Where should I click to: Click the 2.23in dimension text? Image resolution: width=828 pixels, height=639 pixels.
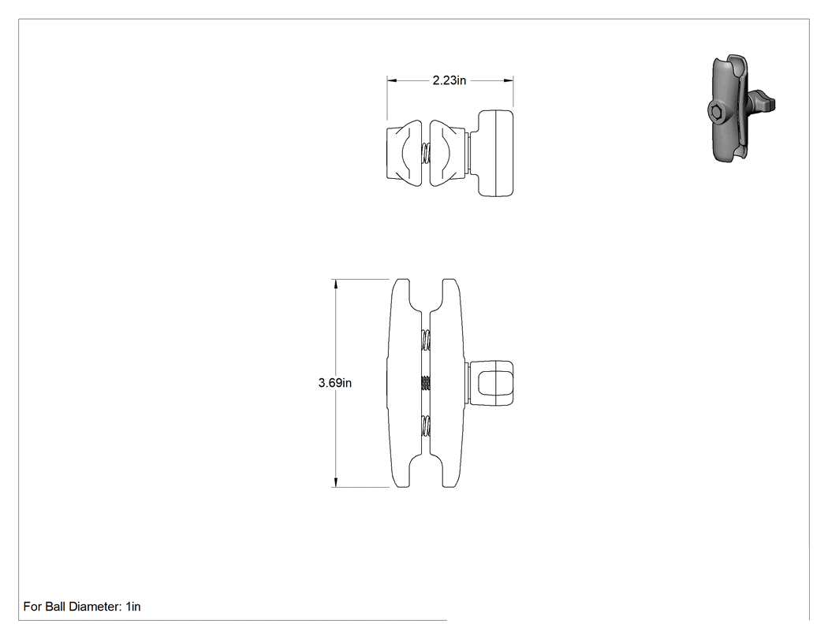click(x=449, y=80)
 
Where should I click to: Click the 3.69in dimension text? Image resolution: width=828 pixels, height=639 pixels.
click(x=335, y=383)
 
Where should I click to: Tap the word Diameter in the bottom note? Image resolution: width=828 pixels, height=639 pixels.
click(x=94, y=606)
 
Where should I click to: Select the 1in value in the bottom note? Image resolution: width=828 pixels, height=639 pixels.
click(x=133, y=606)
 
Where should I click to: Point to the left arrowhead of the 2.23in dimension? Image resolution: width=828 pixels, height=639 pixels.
click(x=392, y=80)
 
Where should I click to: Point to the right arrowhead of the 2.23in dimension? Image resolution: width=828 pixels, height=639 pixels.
click(x=509, y=80)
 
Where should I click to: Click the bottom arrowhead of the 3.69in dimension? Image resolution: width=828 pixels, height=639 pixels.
click(x=335, y=481)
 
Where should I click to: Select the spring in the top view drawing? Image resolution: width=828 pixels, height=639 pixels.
click(x=426, y=154)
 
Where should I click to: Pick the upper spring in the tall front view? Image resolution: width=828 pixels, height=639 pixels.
click(x=426, y=340)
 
